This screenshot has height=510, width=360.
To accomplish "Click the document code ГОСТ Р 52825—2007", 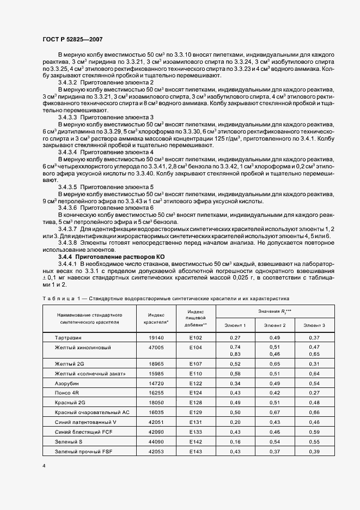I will click(72, 39).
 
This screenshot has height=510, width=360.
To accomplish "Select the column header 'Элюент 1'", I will click(235, 325).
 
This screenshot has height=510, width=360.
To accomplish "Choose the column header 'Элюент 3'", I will click(314, 325).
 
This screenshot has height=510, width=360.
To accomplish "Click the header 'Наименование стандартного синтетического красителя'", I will click(89, 318).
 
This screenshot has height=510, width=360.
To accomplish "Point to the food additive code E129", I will click(196, 412).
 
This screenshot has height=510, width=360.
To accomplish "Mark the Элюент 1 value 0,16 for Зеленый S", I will click(235, 441).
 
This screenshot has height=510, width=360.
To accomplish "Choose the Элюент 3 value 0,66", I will click(314, 412).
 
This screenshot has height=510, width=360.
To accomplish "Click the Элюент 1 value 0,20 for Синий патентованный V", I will click(235, 422).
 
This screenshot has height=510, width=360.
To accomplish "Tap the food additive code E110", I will click(196, 373).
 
